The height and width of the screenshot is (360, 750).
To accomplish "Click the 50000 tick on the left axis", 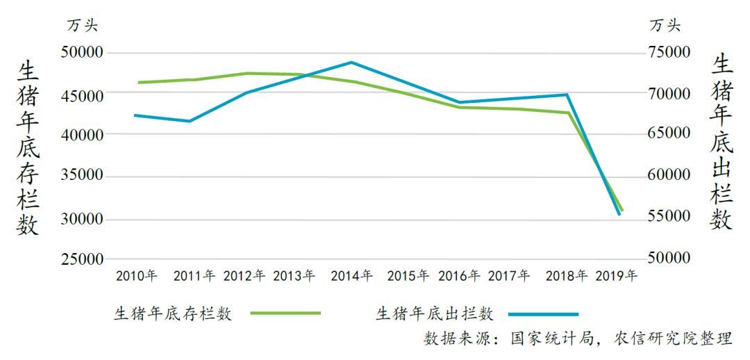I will [83, 53].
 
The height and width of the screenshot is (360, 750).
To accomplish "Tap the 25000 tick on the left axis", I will [83, 259].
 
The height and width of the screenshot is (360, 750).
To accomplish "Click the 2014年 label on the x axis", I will [351, 276].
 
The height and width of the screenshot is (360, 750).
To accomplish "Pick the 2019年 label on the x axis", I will [617, 276].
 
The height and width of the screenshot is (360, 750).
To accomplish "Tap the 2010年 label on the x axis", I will [137, 276].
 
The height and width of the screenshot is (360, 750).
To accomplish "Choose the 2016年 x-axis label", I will [459, 276].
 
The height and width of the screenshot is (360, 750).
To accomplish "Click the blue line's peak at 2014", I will [351, 62].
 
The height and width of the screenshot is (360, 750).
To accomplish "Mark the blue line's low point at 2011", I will [190, 121].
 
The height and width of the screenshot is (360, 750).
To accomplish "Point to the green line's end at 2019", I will [622, 210].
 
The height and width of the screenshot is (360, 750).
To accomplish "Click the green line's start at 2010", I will [139, 82].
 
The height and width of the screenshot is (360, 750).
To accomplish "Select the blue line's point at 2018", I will [567, 95].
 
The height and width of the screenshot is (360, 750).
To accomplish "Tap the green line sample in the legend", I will [285, 313].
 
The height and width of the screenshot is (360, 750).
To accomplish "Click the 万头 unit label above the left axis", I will [83, 26].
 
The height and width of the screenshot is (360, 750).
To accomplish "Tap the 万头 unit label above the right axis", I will [665, 26].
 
